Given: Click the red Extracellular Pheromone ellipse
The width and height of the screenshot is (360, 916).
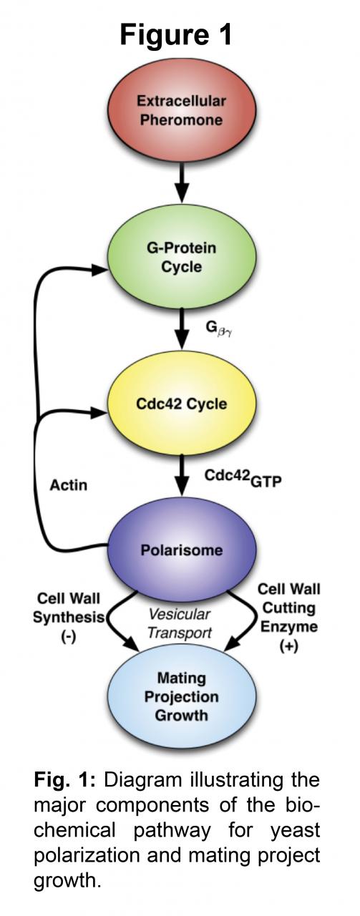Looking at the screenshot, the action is click(x=182, y=110).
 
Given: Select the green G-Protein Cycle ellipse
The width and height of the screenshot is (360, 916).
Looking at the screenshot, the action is click(x=182, y=257).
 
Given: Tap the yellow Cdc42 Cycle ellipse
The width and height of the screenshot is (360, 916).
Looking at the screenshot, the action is click(x=182, y=403).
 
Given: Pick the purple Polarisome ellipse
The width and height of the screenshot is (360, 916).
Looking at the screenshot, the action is click(x=182, y=550).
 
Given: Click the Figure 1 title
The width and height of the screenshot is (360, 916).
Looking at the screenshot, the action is click(x=176, y=34).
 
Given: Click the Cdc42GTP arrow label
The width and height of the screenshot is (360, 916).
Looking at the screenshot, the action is click(x=243, y=478).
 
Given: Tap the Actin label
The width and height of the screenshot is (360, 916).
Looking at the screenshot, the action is click(x=68, y=485).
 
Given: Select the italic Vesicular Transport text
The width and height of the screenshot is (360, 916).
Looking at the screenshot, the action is click(x=179, y=623).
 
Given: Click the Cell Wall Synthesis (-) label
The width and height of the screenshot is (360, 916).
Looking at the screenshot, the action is click(x=68, y=618).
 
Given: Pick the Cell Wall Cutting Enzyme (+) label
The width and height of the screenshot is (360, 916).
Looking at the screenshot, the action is click(x=289, y=618).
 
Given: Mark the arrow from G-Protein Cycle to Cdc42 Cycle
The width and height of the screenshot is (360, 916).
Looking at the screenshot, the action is click(x=182, y=329).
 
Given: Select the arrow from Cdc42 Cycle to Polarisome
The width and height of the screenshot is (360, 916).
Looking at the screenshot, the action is click(x=182, y=476).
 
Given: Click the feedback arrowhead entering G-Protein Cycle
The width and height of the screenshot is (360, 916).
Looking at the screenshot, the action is click(x=99, y=270).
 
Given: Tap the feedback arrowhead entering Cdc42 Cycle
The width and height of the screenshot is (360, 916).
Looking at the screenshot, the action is click(x=99, y=413).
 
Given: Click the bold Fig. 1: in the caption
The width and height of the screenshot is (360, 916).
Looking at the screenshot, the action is click(x=64, y=780).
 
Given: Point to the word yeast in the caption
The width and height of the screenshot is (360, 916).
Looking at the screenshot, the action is click(x=295, y=831).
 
